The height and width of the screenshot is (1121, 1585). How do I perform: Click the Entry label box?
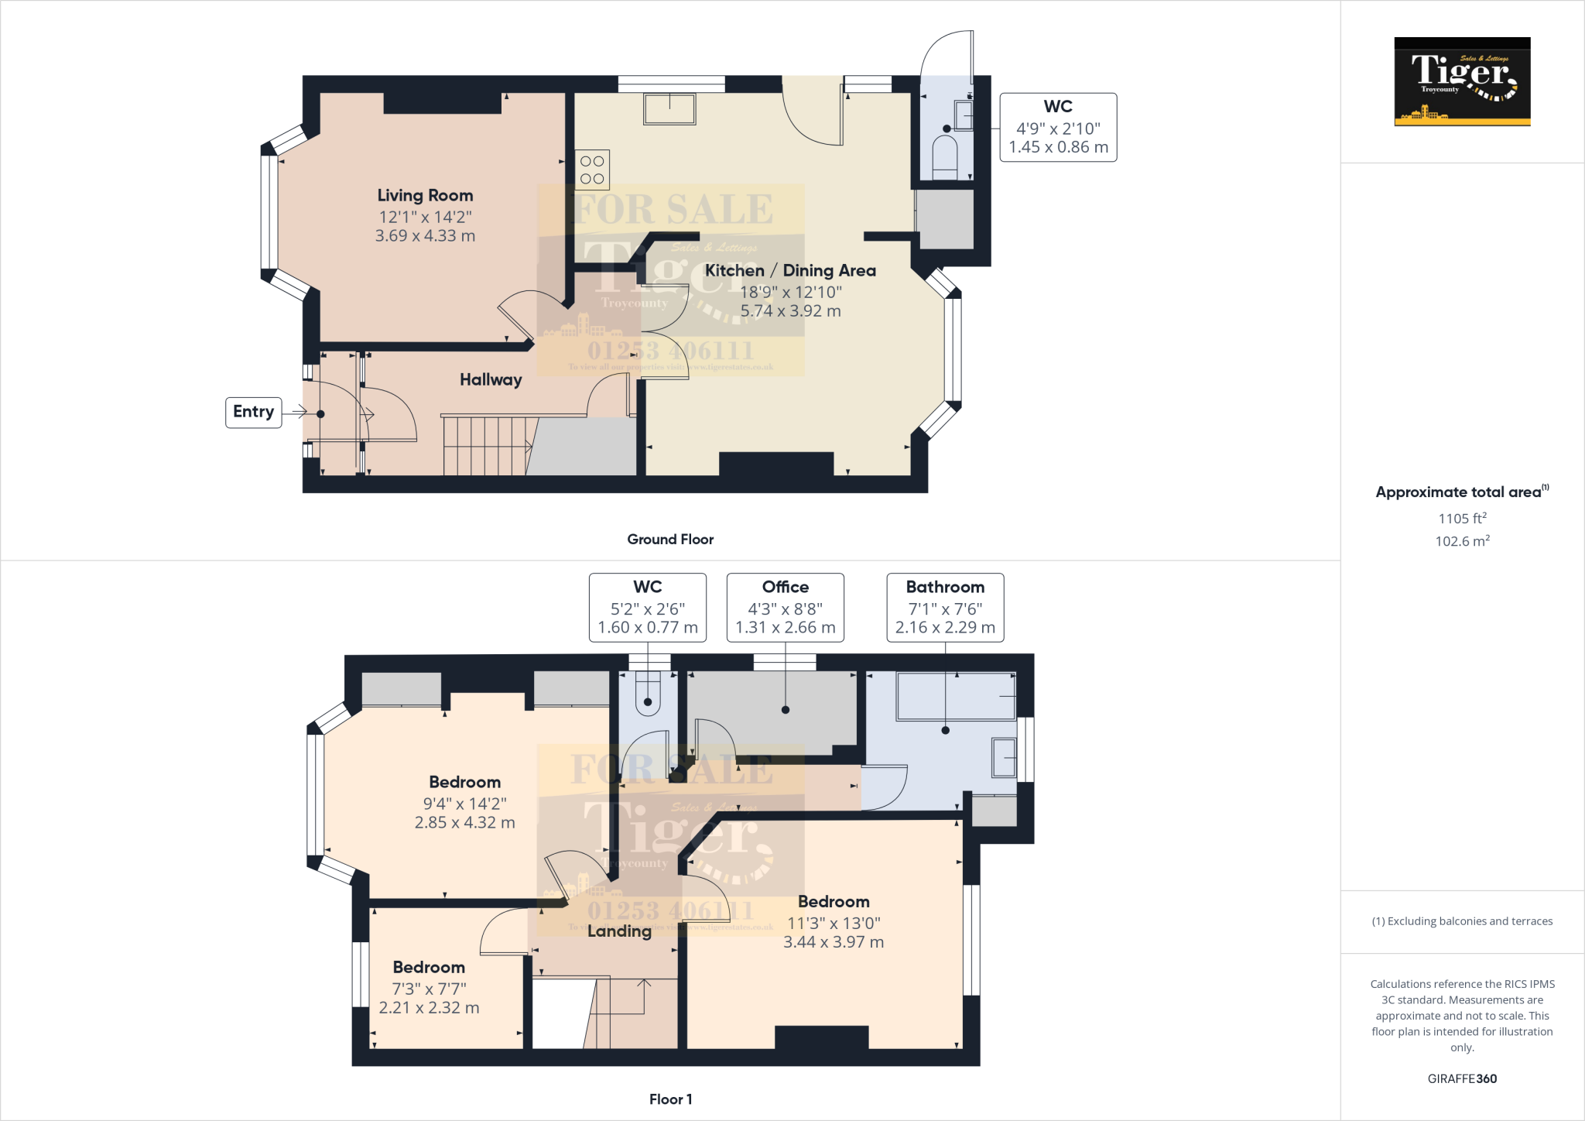[253, 412]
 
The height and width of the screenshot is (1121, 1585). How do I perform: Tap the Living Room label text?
[425, 196]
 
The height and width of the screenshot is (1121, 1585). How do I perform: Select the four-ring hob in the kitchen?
[592, 170]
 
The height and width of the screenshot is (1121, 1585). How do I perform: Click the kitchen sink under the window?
[669, 109]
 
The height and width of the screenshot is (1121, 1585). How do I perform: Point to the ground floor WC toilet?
[945, 157]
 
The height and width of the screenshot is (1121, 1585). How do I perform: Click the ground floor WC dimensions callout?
[1058, 128]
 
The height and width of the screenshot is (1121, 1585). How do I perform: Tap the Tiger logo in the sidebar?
[1462, 81]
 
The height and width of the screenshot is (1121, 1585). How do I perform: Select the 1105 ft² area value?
[1462, 519]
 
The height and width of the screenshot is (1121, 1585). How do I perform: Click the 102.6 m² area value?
[1462, 541]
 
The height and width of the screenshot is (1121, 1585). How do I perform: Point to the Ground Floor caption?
[670, 540]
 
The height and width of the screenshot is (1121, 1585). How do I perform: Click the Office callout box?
[785, 608]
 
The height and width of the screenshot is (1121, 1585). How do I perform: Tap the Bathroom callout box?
[945, 608]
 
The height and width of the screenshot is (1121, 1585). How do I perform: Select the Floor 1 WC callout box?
[647, 608]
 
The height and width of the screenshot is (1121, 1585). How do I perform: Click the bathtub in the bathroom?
[956, 696]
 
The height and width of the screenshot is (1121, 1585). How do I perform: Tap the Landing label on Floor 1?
[619, 931]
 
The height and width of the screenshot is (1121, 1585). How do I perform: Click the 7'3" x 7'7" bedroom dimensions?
[429, 989]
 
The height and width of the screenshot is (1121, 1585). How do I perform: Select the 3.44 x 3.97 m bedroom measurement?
[834, 942]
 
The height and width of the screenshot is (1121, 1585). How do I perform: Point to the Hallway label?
[491, 380]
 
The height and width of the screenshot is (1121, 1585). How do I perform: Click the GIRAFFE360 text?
[1462, 1078]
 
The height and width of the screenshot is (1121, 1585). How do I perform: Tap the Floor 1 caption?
[670, 1099]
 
